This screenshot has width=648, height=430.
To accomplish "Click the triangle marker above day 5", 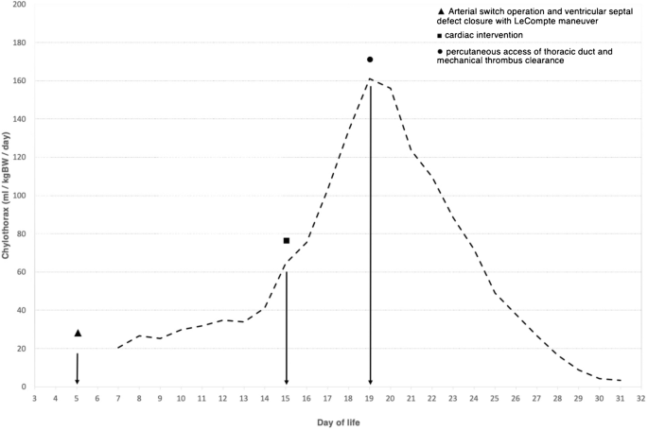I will coord(78,333).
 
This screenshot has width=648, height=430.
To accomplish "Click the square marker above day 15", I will coord(286,240).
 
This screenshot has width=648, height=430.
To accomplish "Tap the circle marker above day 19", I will coord(370,60).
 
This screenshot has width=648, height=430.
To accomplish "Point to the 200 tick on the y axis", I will coord(20,5).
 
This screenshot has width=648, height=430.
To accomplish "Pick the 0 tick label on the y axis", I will coord(24,387).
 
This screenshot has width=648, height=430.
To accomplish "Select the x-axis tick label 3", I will coord(35,399).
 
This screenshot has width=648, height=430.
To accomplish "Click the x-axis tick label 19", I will coord(370,399).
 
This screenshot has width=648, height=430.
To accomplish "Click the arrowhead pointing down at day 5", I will coord(78,381).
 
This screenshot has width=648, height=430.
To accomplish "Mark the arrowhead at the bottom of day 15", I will coord(286,381).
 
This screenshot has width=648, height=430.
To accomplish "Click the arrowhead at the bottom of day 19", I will coord(370,381).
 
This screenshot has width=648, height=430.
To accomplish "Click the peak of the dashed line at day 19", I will coord(370,79).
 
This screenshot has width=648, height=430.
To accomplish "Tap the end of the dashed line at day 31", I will coord(621,381).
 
